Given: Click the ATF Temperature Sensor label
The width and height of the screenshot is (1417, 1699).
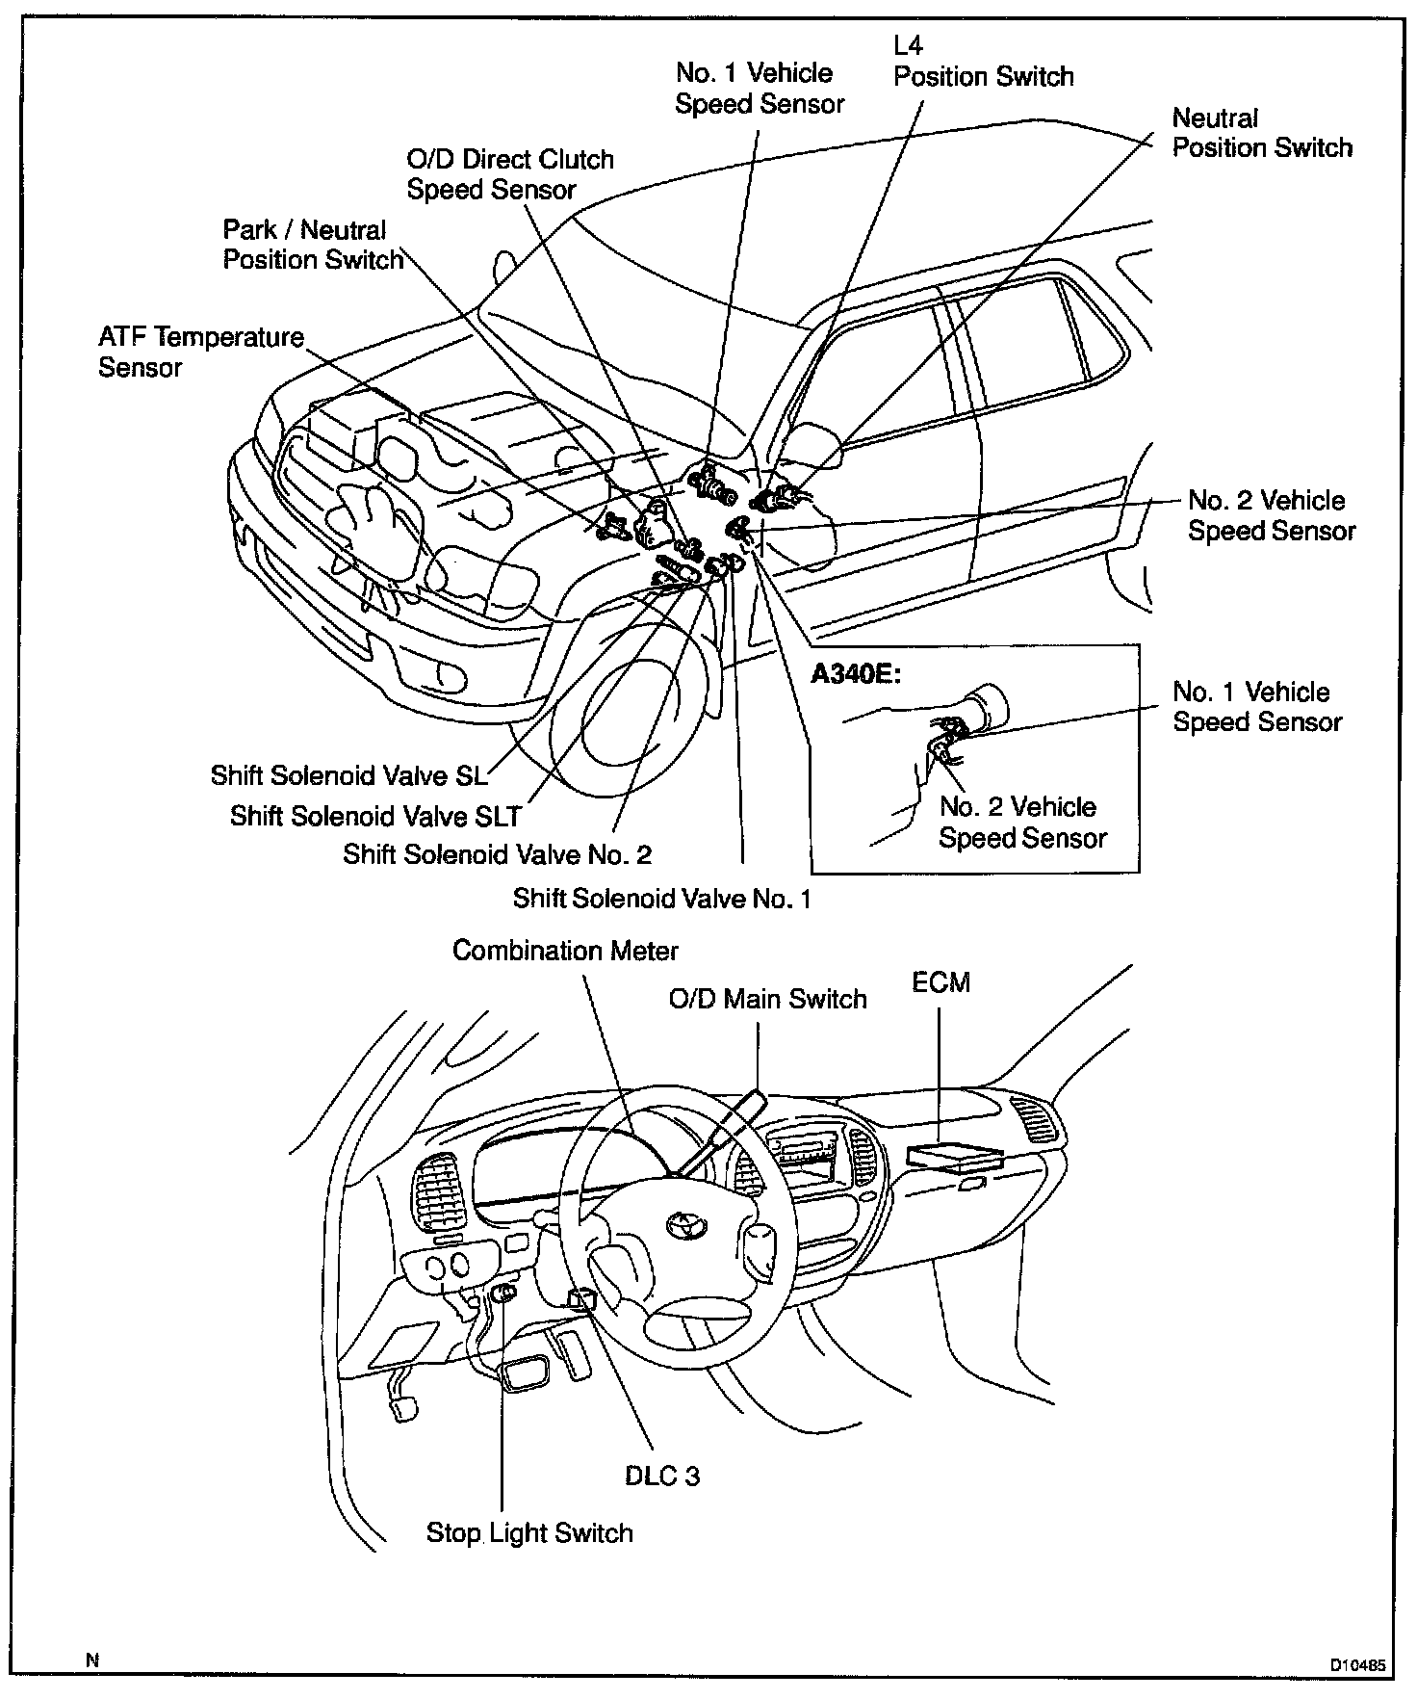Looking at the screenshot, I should pyautogui.click(x=200, y=353).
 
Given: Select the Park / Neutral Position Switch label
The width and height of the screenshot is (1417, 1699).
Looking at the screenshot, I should pyautogui.click(x=313, y=245).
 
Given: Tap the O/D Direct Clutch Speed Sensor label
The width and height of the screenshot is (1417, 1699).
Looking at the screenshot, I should pyautogui.click(x=509, y=174).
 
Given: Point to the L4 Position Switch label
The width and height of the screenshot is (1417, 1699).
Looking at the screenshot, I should pyautogui.click(x=983, y=63).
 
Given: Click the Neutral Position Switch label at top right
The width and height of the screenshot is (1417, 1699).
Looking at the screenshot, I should pyautogui.click(x=1261, y=133).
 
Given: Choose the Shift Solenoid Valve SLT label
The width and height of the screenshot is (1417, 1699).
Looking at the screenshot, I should pyautogui.click(x=374, y=816).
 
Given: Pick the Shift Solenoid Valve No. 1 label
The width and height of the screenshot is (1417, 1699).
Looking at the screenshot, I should pyautogui.click(x=661, y=899).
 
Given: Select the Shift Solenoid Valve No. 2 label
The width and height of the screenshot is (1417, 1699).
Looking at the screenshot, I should pyautogui.click(x=497, y=854).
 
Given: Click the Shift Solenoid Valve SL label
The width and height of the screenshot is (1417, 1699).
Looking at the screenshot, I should pyautogui.click(x=348, y=775).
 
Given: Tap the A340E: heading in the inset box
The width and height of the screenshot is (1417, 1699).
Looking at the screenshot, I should pyautogui.click(x=856, y=673).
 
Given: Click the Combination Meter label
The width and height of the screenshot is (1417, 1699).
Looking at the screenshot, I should pyautogui.click(x=565, y=951).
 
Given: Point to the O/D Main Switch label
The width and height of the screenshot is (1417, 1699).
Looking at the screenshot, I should pyautogui.click(x=767, y=999).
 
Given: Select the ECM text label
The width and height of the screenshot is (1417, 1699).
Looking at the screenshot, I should pyautogui.click(x=940, y=982).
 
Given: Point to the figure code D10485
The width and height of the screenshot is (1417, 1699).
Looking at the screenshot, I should pyautogui.click(x=1358, y=1663).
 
